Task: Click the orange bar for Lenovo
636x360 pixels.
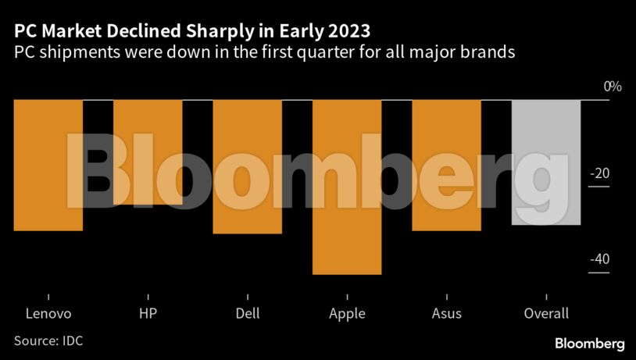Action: tap(48, 165)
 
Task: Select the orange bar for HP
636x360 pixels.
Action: tap(148, 152)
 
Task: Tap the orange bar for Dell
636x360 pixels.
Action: tap(247, 166)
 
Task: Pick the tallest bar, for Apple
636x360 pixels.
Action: tap(347, 187)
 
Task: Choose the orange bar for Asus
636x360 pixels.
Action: tap(446, 165)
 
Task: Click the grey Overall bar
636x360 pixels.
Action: tap(545, 162)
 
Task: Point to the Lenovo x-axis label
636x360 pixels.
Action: tap(48, 314)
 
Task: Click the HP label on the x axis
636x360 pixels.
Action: tap(148, 314)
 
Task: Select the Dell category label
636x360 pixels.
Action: tap(247, 314)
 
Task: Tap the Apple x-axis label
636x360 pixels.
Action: tap(347, 314)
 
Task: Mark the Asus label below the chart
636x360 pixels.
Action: tap(446, 314)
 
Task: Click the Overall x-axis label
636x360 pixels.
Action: tap(545, 314)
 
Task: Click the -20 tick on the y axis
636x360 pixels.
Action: tap(600, 173)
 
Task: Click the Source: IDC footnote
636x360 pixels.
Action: tap(48, 341)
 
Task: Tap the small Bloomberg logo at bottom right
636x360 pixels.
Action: tap(590, 344)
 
